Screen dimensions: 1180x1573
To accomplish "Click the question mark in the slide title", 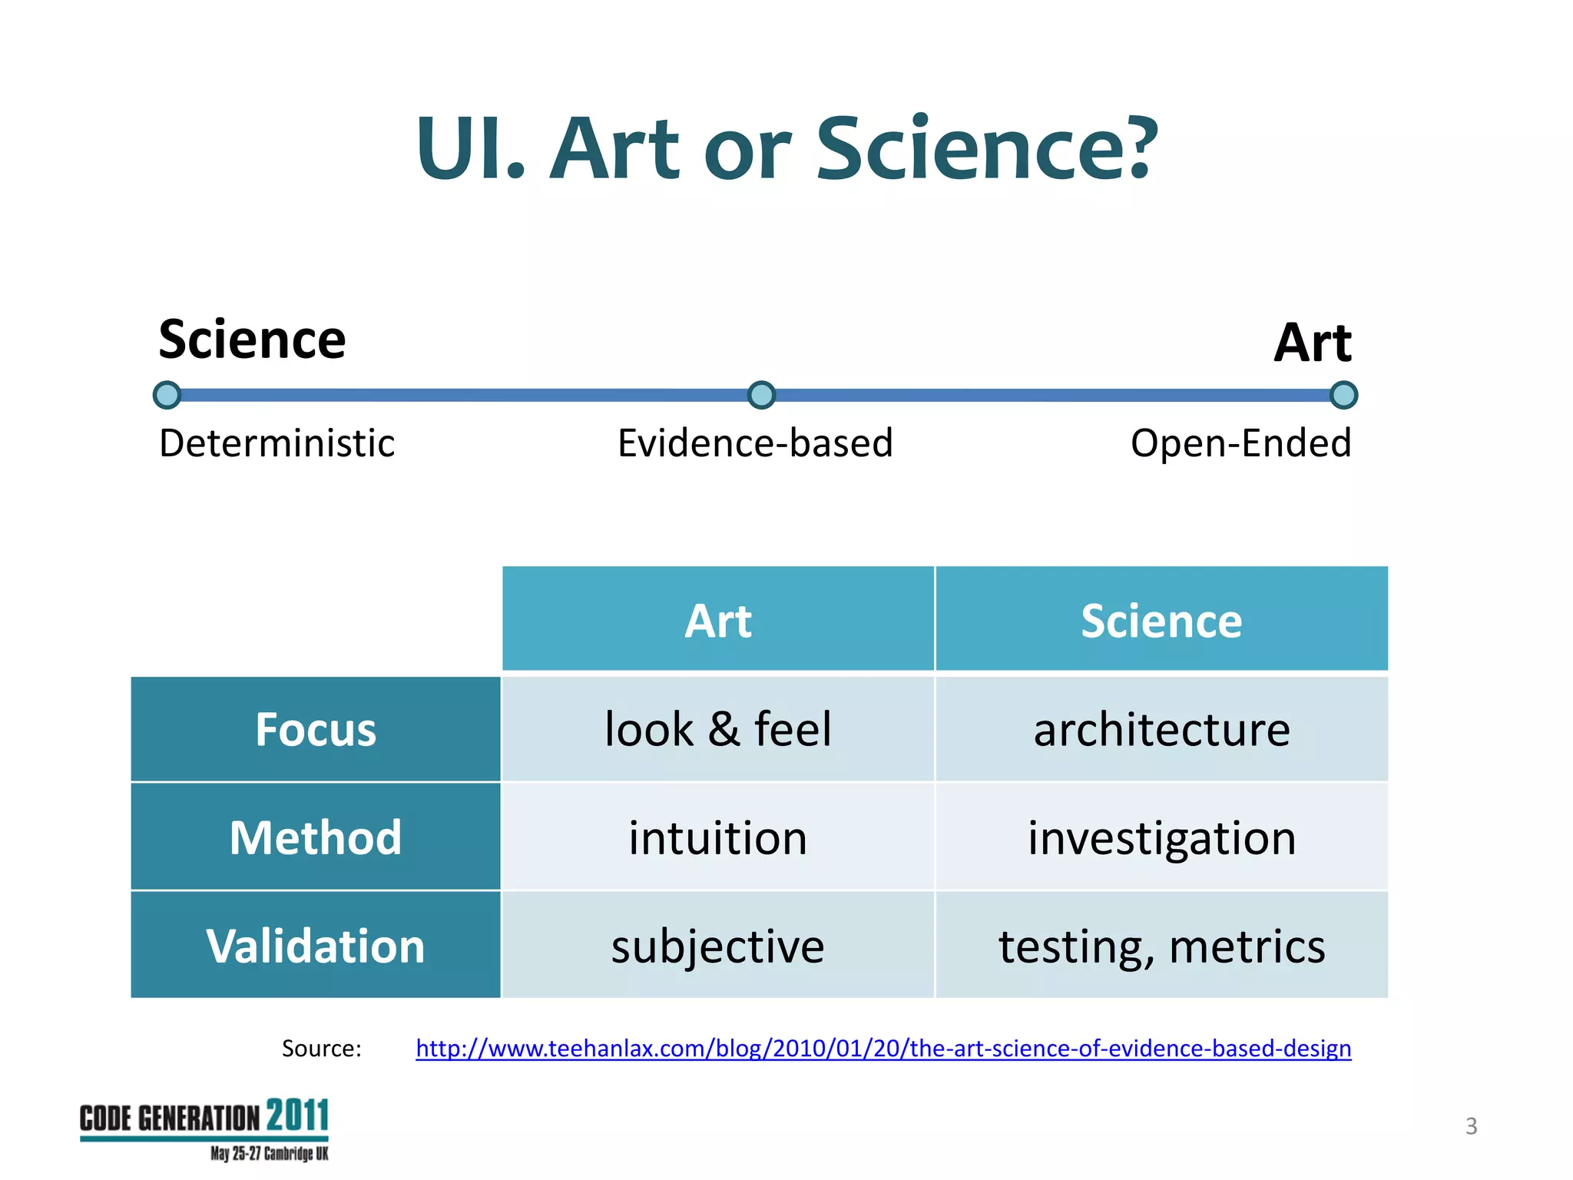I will coord(1132,147).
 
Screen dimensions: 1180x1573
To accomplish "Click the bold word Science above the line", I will coord(252,340).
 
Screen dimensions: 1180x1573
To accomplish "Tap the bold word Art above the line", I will coord(1312,343).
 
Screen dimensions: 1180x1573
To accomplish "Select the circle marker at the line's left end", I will coord(167,395).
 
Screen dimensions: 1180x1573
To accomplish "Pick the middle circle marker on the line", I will coord(761,395).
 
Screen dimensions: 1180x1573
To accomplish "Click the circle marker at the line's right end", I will coord(1343,395).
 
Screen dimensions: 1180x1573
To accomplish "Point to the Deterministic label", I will coord(277,443).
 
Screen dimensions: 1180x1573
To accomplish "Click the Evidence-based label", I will coord(755,443).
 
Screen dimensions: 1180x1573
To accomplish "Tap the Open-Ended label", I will coord(1240,443).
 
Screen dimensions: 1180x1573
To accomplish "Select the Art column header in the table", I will coord(717,620).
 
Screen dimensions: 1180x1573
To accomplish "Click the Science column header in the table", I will coord(1161,620).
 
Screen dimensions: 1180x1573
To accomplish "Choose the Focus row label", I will coord(315,729).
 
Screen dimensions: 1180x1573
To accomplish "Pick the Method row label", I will coord(315,837).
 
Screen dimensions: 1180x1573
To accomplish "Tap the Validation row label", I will coord(315,945).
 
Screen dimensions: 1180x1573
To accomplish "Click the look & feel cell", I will coord(717,729).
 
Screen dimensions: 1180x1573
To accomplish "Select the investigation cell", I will coord(1161,837).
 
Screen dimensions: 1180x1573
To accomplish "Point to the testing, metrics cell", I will coord(1161,946).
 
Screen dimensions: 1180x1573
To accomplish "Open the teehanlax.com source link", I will coord(883,1048).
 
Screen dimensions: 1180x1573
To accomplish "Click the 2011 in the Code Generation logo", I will coord(297,1115).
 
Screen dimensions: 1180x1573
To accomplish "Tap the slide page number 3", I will coord(1471,1126).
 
